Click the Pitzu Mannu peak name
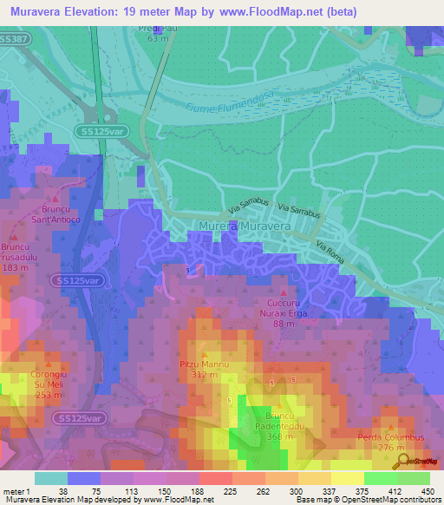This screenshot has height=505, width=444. pos(205,364)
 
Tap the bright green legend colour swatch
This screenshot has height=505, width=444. pos(382,478)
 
